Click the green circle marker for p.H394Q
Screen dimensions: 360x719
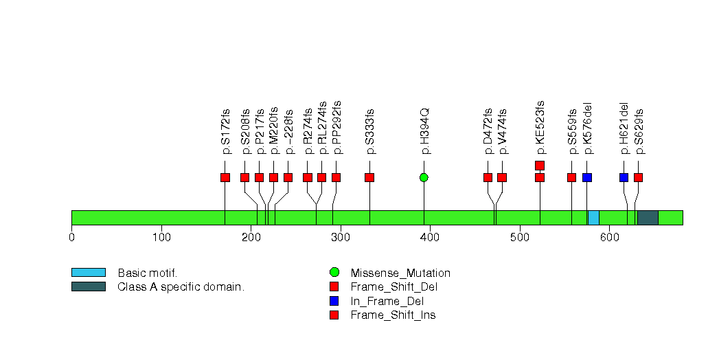[424, 177]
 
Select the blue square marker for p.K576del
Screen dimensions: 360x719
[587, 177]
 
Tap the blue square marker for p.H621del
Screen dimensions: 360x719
[624, 177]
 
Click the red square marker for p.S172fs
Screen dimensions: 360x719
[225, 177]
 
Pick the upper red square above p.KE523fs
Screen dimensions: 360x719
[540, 165]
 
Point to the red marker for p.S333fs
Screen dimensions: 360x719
[369, 177]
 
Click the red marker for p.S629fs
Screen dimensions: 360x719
[638, 177]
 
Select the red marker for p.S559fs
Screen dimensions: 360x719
[571, 177]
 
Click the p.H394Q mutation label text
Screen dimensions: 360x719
[425, 131]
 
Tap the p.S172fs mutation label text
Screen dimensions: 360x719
[226, 131]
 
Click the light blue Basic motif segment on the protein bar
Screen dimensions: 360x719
[593, 218]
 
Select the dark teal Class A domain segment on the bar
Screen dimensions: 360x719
[648, 218]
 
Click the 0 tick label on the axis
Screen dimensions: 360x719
[71, 238]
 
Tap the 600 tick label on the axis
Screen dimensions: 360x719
[608, 238]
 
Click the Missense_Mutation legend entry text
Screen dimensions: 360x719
[400, 273]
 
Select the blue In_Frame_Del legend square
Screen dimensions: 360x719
[334, 301]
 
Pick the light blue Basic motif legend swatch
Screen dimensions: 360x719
[88, 273]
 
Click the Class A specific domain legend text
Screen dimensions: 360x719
[181, 286]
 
